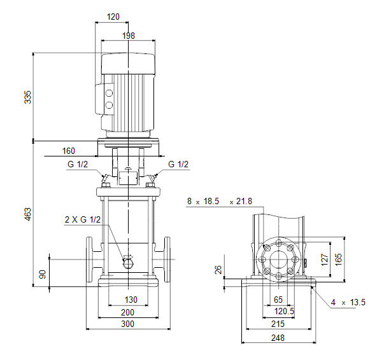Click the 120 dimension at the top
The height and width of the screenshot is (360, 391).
pos(113,17)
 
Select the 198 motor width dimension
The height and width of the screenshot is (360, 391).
pos(129,36)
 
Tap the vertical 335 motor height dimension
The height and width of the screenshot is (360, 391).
pos(27,97)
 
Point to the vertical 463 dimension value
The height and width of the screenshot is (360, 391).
pos(27,214)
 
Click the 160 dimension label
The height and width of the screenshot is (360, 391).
pos(68,151)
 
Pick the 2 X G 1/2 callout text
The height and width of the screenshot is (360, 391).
pos(83,219)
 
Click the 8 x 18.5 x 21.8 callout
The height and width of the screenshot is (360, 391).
pos(220,201)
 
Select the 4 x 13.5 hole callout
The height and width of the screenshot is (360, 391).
pos(348,303)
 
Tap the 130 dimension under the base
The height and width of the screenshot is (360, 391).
pos(131,300)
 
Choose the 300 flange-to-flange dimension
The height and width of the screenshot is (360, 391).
pos(127,324)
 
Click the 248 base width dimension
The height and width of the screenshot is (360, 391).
pos(278,338)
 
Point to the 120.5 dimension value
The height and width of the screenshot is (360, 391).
pos(284,312)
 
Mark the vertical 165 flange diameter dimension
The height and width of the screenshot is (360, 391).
pos(338,260)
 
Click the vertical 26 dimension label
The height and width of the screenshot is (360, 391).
pos(218,270)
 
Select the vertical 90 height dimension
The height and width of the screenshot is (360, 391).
pos(43,274)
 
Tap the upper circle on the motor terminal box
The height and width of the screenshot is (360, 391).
pos(109,93)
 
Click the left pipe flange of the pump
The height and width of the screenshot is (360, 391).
pos(89,260)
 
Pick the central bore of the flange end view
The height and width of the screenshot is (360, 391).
pos(278,260)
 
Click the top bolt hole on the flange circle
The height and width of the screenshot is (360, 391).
pos(278,243)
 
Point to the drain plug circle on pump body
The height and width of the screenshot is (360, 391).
pos(128,264)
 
